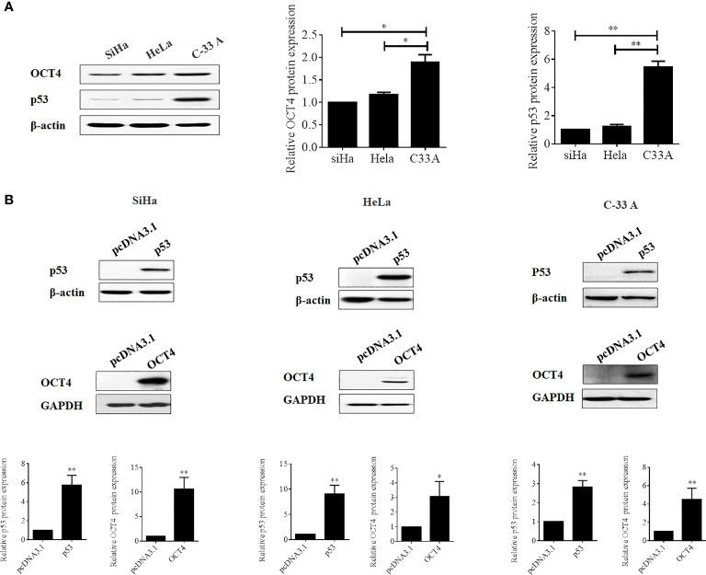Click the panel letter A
(x=9, y=8)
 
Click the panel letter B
(x=9, y=198)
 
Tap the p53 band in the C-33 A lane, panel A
(x=189, y=98)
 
